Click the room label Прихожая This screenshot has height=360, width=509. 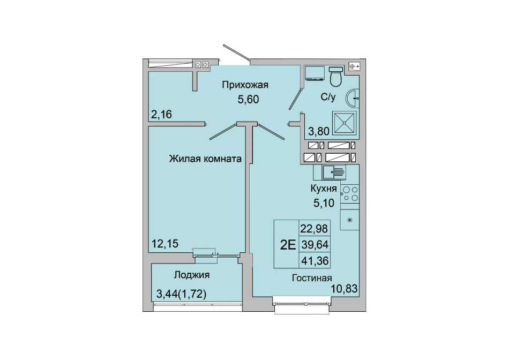click(x=245, y=85)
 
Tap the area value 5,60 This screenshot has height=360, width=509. click(x=248, y=99)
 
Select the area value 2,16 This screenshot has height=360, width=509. click(x=161, y=114)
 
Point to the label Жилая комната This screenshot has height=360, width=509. click(x=206, y=159)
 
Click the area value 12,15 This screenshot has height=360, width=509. click(x=165, y=243)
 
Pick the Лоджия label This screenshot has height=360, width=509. click(x=191, y=275)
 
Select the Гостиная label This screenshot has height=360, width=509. click(x=312, y=278)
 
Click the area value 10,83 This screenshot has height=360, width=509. click(x=345, y=288)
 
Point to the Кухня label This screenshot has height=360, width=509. click(x=323, y=189)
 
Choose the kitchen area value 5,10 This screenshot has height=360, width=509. click(x=323, y=203)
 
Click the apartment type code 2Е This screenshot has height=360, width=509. click(x=288, y=245)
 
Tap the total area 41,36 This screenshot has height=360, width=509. click(x=315, y=261)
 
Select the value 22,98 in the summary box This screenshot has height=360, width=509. click(x=315, y=229)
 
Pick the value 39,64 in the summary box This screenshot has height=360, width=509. click(x=315, y=245)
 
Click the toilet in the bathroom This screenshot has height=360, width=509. click(x=335, y=77)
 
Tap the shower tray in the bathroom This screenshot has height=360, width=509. click(x=344, y=123)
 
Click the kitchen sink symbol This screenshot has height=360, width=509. click(x=334, y=172)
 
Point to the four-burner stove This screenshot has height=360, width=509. click(x=350, y=194)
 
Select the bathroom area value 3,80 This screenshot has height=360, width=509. click(x=319, y=131)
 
